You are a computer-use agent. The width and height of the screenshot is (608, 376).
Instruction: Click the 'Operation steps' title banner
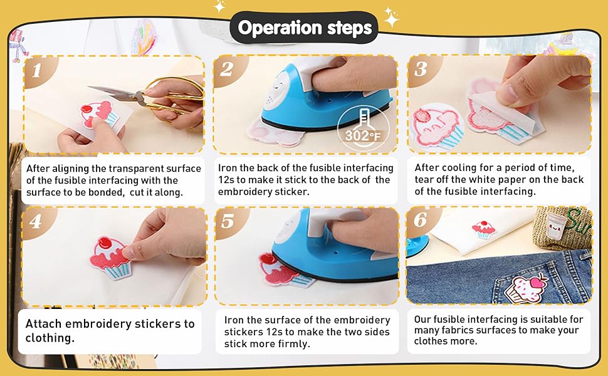tap(304, 28)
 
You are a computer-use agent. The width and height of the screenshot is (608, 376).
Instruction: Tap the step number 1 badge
tap(37, 71)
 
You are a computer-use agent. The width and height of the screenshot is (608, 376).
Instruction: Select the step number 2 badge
tap(228, 70)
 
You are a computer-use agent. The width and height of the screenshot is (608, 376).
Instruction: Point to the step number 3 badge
tap(421, 70)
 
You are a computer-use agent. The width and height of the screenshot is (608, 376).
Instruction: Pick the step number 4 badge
tap(36, 221)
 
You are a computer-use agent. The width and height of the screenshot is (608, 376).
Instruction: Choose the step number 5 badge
tap(228, 221)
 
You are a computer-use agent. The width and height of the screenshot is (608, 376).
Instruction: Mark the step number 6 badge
tap(421, 220)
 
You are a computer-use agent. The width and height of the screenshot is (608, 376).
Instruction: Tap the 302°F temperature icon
tap(364, 128)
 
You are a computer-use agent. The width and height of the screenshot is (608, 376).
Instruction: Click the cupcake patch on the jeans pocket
tap(527, 289)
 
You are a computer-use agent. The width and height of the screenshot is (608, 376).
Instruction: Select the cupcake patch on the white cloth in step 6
tap(483, 230)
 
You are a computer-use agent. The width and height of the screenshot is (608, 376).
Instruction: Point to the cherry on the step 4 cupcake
tap(104, 244)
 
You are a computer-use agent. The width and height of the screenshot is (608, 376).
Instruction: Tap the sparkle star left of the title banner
tap(219, 6)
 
